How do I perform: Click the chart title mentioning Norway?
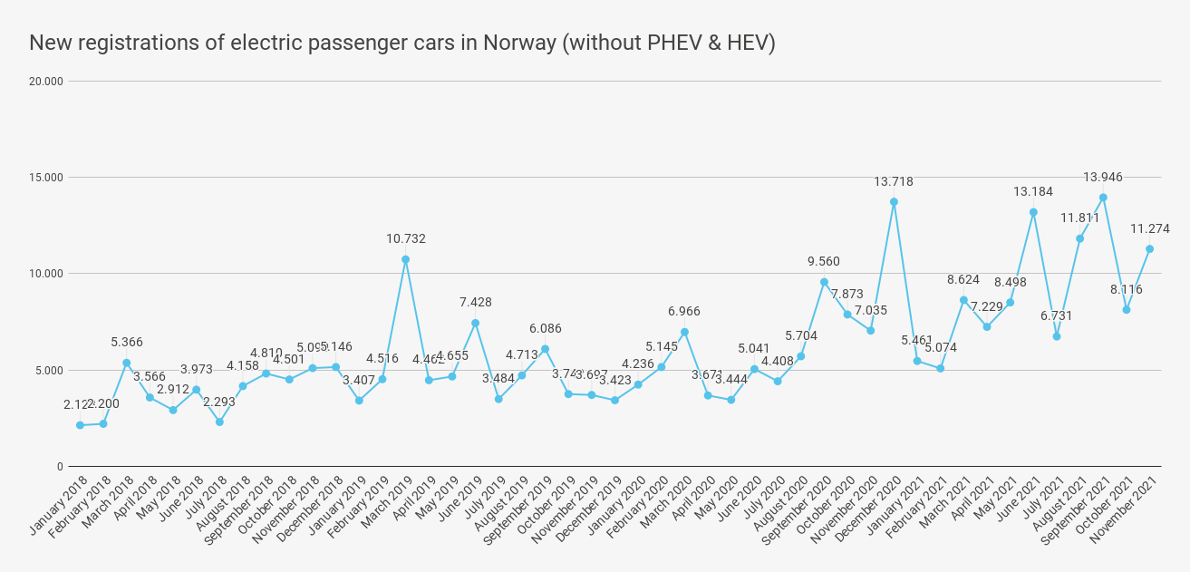402,43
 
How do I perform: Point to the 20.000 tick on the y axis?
46,82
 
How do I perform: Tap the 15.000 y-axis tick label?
46,178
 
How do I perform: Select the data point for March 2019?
405,259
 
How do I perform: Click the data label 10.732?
405,239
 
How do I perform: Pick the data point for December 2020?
894,202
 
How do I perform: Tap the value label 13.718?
894,182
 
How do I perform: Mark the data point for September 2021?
1103,198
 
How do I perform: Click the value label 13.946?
1103,177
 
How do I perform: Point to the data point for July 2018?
219,422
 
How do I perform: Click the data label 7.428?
475,303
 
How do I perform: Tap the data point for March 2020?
684,332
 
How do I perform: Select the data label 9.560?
824,262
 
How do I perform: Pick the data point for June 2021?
1033,212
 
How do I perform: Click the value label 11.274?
1149,229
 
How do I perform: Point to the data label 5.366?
127,343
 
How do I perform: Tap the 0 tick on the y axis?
60,467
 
